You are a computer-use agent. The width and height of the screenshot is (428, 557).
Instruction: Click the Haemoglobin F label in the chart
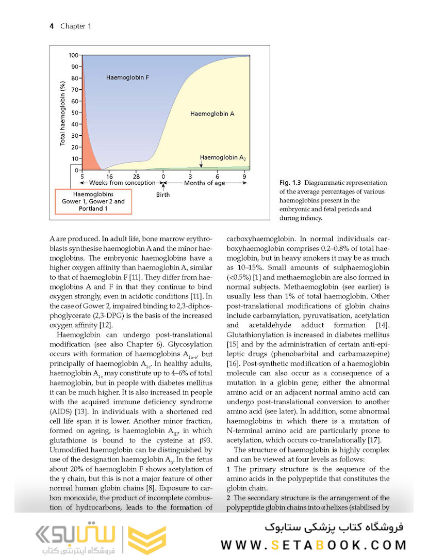(128, 77)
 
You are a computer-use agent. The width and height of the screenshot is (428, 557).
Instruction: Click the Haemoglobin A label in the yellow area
(212, 113)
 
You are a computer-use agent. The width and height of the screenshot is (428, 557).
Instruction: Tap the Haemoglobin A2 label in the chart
(222, 157)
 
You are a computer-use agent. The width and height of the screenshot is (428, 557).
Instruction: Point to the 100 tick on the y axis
(73, 55)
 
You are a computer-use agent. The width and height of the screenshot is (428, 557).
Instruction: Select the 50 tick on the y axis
(74, 113)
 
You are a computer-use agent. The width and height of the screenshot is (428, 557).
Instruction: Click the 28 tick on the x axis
(136, 176)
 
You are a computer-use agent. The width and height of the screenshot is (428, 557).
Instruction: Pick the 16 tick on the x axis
(109, 176)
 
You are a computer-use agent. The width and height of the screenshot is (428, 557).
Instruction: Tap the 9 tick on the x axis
(245, 176)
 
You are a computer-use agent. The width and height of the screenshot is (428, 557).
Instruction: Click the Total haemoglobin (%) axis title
(63, 113)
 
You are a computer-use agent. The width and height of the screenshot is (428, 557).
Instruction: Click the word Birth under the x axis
(163, 195)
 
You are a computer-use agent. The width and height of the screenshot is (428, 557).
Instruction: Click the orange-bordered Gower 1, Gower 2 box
(93, 201)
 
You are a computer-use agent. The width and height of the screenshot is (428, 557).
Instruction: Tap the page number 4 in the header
(52, 26)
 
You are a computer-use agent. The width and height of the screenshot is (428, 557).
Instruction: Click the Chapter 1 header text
(75, 26)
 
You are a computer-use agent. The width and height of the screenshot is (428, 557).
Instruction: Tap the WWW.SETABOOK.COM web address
(314, 545)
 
